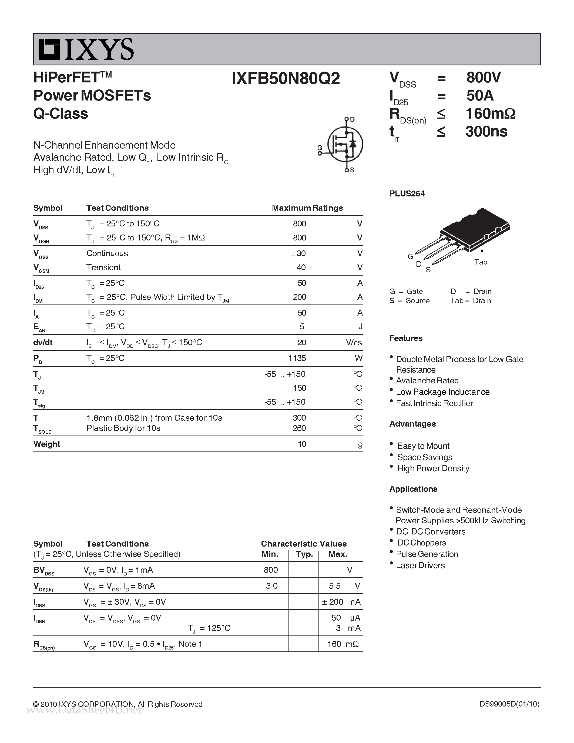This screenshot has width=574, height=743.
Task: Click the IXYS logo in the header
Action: point(86,50)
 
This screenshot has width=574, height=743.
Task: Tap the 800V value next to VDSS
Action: point(483,78)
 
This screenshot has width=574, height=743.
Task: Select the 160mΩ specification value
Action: point(490,114)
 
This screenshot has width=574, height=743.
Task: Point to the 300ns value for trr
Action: point(486,132)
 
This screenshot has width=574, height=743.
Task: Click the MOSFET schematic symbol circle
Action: point(345,144)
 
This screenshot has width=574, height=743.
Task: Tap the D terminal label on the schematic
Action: point(352,119)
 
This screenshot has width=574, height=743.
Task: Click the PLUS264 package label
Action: point(407,193)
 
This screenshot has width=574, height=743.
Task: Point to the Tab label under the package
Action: point(481,262)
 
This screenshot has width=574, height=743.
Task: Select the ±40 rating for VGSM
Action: point(298,267)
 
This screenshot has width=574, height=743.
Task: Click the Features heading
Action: point(406,338)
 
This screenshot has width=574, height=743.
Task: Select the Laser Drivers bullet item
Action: point(420,565)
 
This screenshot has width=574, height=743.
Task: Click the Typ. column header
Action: point(304,554)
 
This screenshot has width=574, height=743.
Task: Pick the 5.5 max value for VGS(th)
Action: point(335,586)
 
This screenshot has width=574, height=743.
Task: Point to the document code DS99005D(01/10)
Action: point(509,704)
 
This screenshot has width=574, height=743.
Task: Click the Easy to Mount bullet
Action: point(423,446)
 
